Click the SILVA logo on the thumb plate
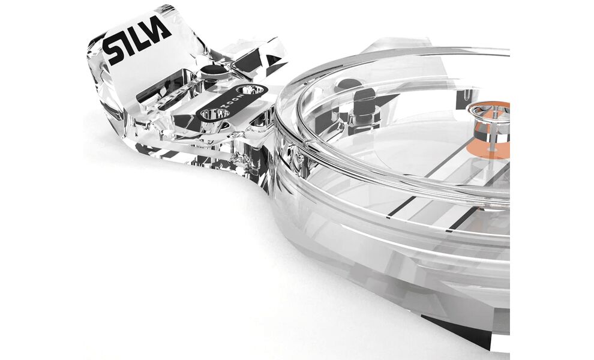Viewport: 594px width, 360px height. pyautogui.click(x=137, y=42)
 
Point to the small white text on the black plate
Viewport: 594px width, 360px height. pyautogui.click(x=231, y=101)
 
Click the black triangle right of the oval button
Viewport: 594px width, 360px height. pyautogui.click(x=274, y=60)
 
